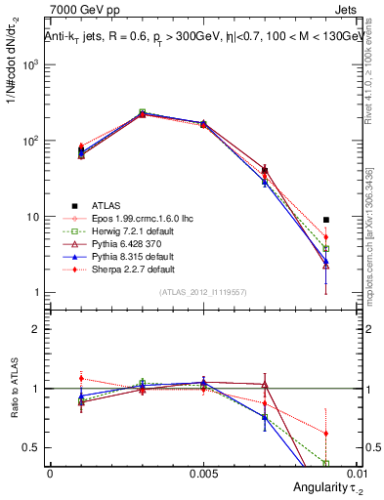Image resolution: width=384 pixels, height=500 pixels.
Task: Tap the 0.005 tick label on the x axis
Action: click(203, 472)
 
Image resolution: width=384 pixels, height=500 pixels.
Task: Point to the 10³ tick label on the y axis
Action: click(31, 64)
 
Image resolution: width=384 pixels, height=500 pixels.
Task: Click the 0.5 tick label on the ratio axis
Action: click(31, 447)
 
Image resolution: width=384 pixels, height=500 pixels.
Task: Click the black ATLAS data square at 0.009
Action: click(325, 220)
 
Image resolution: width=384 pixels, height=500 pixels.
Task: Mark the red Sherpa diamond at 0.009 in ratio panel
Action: click(325, 434)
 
